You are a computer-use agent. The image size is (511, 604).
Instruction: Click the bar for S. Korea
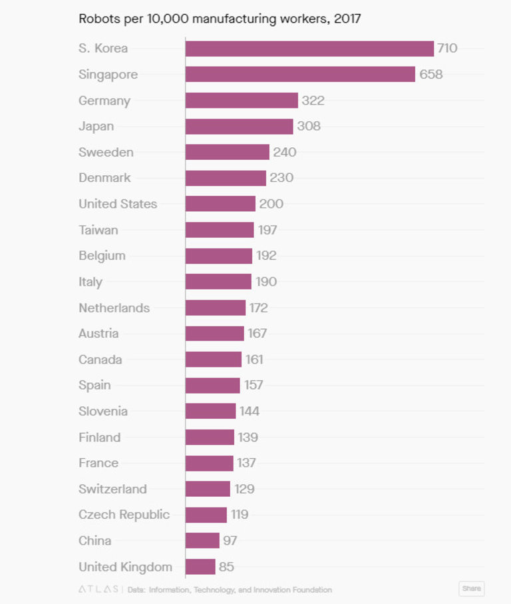[x=309, y=49]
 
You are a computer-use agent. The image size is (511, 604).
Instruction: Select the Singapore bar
[x=300, y=74]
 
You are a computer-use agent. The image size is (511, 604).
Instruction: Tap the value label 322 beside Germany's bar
[x=313, y=101]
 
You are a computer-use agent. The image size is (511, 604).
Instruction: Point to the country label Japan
[x=96, y=127]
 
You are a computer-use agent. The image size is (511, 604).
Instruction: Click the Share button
[x=471, y=589]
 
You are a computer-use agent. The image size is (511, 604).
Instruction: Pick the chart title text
[x=220, y=18]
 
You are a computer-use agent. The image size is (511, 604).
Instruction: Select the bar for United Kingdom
[x=200, y=567]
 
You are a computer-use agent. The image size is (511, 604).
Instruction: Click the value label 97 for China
[x=230, y=541]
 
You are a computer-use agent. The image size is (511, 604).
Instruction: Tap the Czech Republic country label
[x=124, y=515]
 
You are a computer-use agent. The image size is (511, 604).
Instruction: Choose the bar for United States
[x=220, y=204]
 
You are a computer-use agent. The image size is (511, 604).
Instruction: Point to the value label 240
[x=284, y=152]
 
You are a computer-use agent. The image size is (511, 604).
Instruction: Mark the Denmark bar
[x=226, y=178]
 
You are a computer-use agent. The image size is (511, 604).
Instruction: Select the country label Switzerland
[x=112, y=489]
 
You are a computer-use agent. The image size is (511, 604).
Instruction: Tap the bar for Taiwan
[x=220, y=230]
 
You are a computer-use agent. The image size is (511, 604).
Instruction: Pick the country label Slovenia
[x=103, y=411]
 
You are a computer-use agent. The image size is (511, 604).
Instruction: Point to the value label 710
[x=447, y=49]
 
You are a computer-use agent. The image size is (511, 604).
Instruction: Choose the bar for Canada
[x=213, y=360]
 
